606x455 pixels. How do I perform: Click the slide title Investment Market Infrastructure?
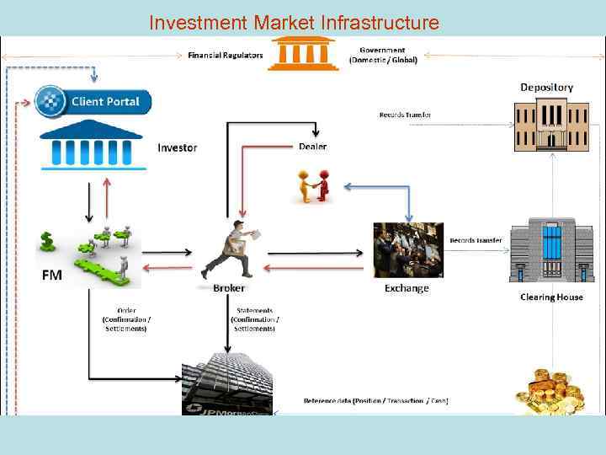(x=294, y=23)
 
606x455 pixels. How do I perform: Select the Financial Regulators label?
(x=225, y=56)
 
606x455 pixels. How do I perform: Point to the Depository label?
(x=546, y=88)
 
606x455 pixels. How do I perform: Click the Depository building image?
(x=551, y=126)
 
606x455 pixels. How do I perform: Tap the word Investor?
(x=177, y=148)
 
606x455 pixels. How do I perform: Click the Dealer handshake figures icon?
(x=313, y=185)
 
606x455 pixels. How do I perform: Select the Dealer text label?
(x=312, y=147)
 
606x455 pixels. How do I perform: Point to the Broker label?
(x=229, y=288)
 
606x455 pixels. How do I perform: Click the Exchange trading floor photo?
(x=408, y=249)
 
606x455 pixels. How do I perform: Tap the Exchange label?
(x=407, y=288)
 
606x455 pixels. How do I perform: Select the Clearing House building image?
(x=551, y=250)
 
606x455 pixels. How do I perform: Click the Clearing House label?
(x=551, y=297)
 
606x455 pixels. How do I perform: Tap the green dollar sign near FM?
(x=47, y=242)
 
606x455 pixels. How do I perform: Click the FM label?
(x=51, y=275)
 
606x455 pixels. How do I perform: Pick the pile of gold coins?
(x=551, y=393)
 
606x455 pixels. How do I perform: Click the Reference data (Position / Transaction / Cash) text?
(x=375, y=400)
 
